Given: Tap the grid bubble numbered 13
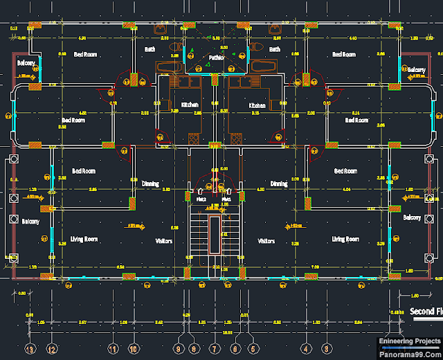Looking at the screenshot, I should tap(29, 348).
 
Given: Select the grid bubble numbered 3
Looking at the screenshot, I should tap(326, 348).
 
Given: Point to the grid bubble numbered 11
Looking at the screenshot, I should tap(113, 348).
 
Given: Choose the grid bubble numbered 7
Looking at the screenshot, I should tap(215, 348).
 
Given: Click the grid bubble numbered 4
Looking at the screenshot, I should tap(305, 348).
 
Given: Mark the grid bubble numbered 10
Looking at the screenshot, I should tap(133, 348).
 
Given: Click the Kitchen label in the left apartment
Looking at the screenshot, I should tap(190, 105).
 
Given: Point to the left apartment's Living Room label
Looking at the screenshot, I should tap(84, 240).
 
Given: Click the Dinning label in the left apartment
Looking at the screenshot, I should tap(150, 184).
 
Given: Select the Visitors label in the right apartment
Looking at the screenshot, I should tap(266, 241).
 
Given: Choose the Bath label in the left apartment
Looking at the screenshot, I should tap(150, 49).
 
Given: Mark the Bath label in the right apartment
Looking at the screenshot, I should tap(275, 49).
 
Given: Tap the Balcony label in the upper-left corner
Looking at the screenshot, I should tap(26, 63).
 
